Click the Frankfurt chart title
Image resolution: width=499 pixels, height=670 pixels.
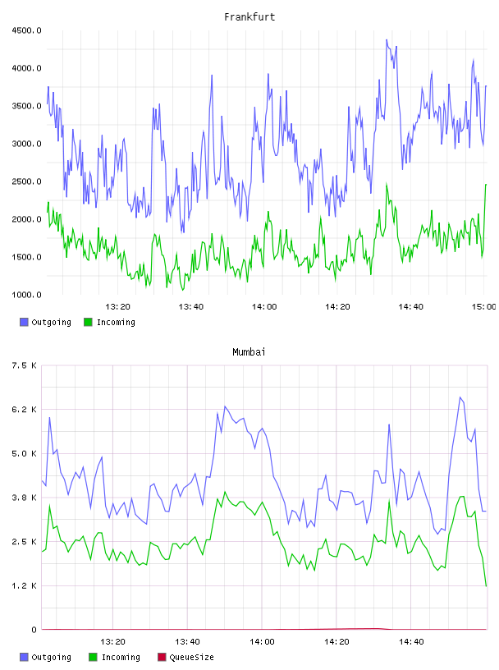(249, 17)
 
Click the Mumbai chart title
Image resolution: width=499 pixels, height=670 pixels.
(249, 352)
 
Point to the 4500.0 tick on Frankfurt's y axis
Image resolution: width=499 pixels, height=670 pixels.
(26, 30)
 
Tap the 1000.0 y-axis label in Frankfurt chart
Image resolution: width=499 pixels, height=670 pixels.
(26, 295)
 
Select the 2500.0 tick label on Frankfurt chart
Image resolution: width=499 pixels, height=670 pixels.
(26, 181)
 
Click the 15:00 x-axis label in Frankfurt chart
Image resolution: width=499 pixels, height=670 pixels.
(484, 307)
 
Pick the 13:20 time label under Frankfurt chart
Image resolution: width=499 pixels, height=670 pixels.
(118, 307)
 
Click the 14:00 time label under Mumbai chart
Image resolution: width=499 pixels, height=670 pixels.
(262, 642)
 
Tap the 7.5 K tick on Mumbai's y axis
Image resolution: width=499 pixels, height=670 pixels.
(25, 365)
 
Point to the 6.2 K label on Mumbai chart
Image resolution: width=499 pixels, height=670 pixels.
(25, 410)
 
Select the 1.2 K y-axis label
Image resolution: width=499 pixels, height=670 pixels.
(25, 585)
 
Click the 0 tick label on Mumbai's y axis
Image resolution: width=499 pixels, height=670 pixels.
(34, 630)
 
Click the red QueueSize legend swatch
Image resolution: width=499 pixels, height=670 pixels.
(162, 657)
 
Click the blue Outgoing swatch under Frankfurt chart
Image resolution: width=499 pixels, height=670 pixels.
(24, 322)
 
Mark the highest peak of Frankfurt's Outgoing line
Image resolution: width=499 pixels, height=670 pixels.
(387, 39)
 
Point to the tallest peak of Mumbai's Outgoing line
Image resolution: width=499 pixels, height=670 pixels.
(460, 397)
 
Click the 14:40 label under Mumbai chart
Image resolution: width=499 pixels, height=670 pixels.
(411, 642)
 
